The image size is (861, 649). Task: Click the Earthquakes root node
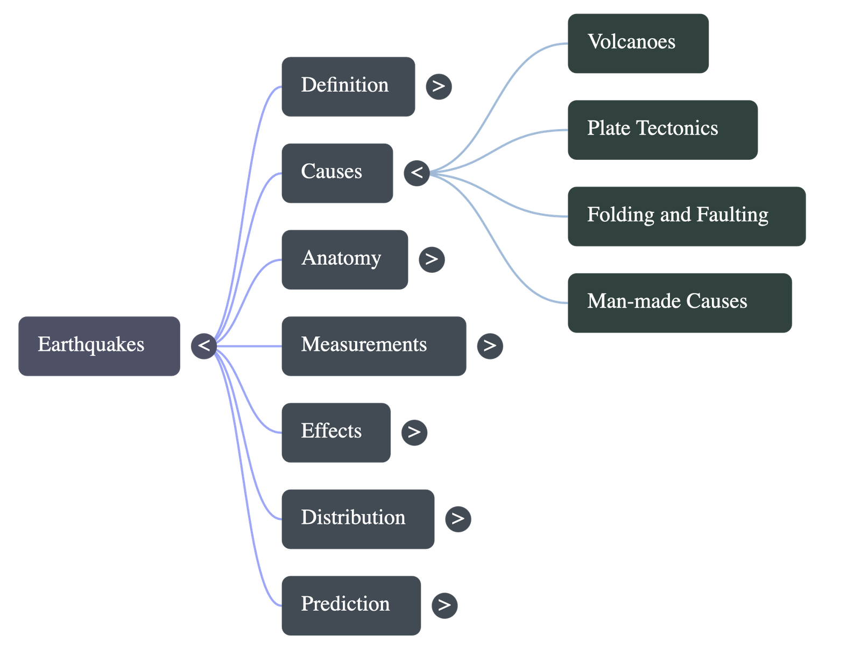tap(99, 345)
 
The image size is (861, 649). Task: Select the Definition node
tap(348, 86)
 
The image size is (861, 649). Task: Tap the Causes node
tap(337, 173)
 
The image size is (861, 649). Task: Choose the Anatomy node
tap(344, 259)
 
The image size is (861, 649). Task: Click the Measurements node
tap(373, 345)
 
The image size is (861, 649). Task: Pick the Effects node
tap(336, 432)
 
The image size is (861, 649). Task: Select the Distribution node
tap(358, 519)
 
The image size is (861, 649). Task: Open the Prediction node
tap(351, 605)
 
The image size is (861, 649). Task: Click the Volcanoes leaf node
tap(638, 43)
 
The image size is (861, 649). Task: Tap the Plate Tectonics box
tap(662, 129)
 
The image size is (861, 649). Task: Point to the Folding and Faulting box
tap(686, 216)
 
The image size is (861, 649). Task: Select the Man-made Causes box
tap(680, 302)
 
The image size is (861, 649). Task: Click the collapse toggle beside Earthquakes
tap(204, 345)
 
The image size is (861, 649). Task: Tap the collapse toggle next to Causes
tap(417, 173)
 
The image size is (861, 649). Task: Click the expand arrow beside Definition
tap(439, 86)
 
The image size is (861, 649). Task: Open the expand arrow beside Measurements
tap(490, 345)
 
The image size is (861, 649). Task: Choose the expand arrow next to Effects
tap(414, 432)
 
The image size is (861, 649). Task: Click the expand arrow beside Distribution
tap(458, 519)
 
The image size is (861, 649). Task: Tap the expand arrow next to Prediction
tap(444, 605)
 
